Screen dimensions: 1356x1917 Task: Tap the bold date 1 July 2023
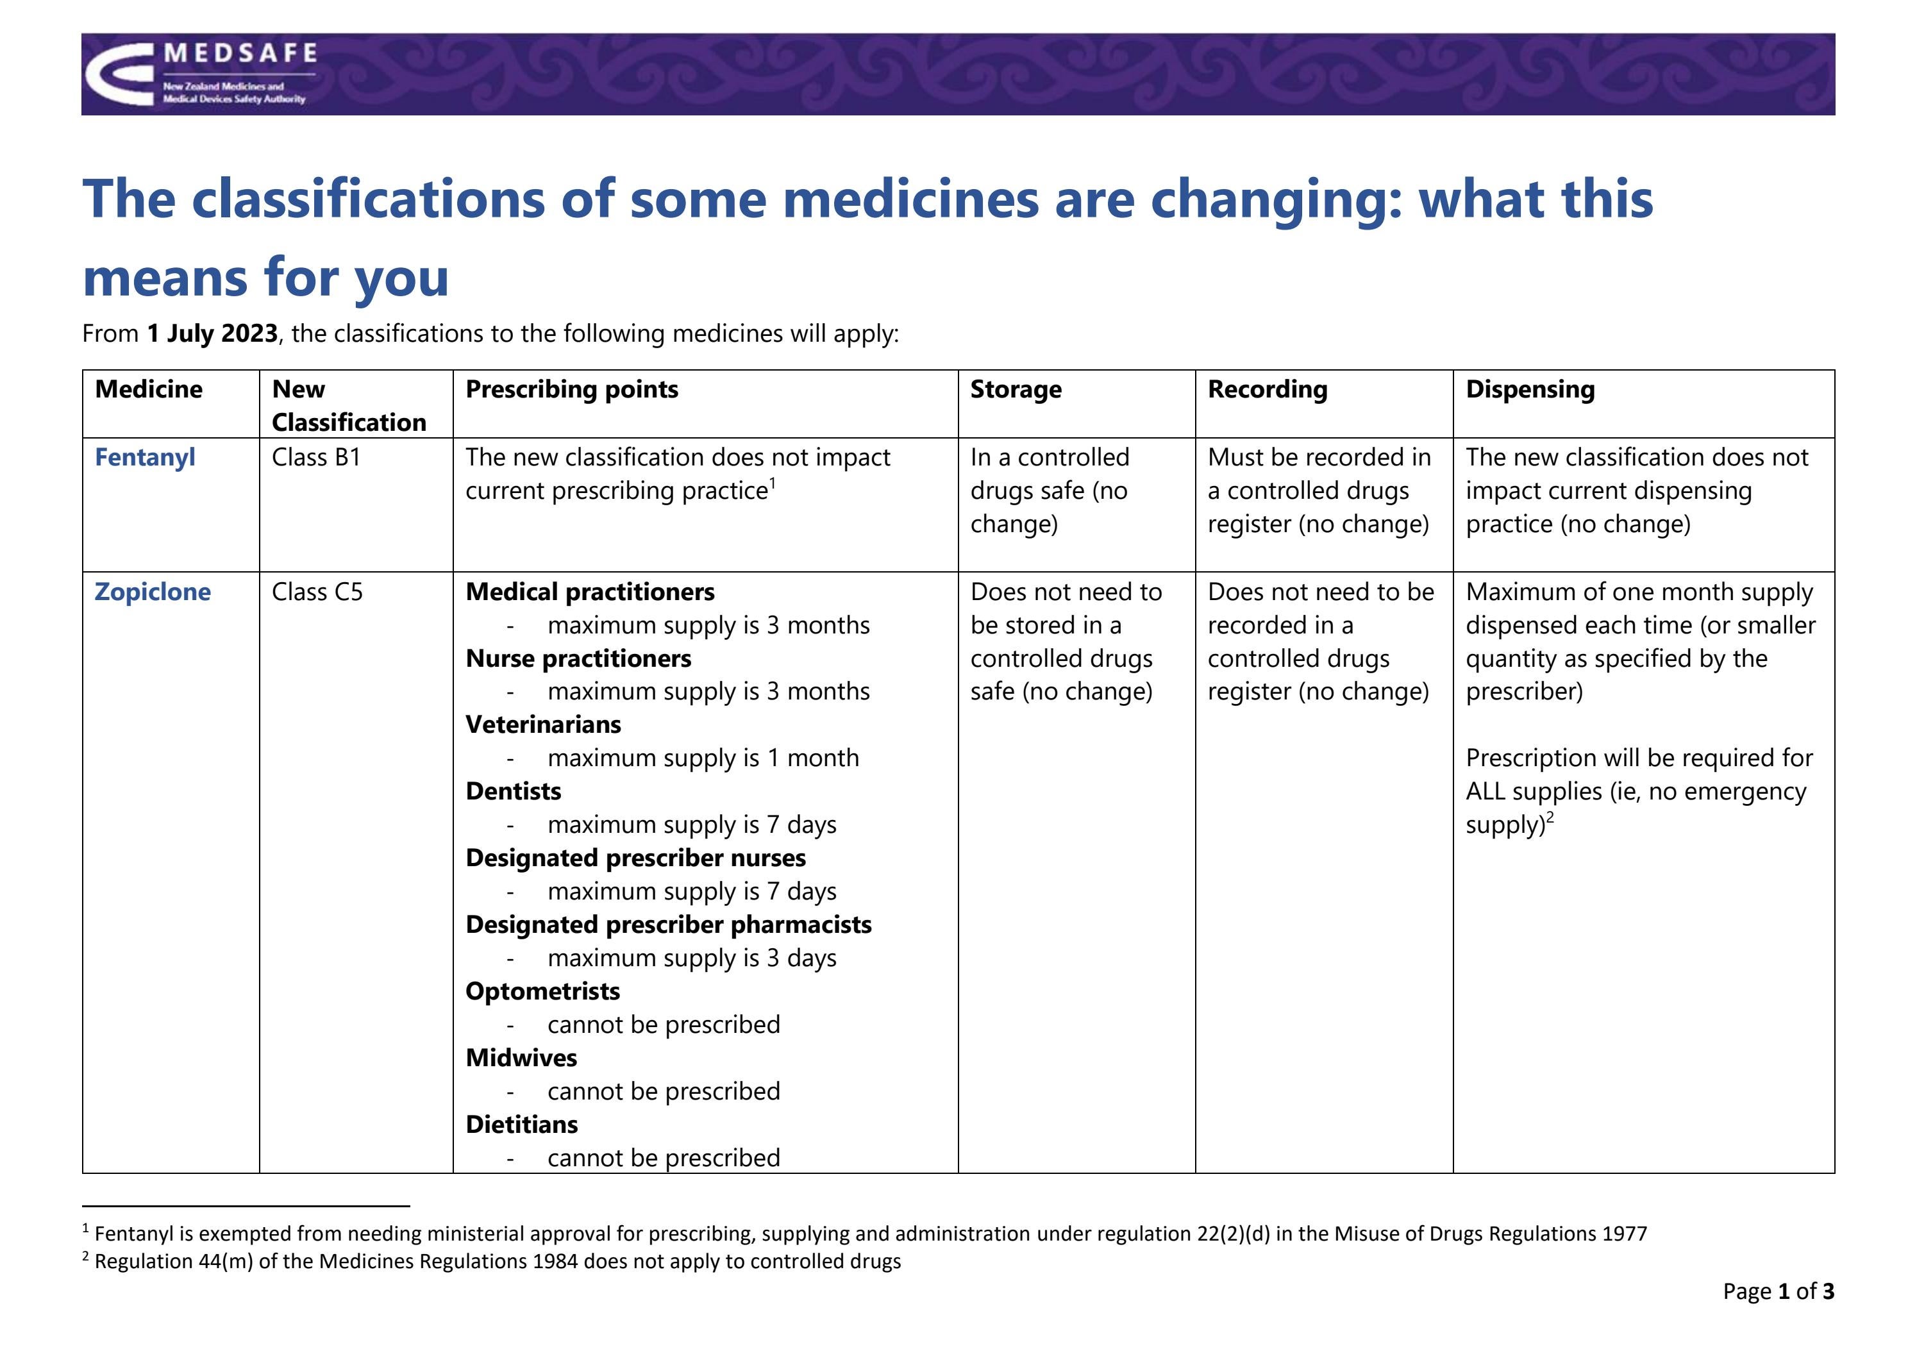[x=212, y=334]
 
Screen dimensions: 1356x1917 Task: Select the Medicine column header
[x=149, y=389]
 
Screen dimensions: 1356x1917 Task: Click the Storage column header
[x=1016, y=389]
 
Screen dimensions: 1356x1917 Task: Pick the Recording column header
[x=1267, y=389]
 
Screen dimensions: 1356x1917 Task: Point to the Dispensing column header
[x=1530, y=389]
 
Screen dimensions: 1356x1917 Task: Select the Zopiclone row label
[x=152, y=592]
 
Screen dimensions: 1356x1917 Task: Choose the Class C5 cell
[x=317, y=592]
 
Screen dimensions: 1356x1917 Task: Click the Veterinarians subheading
[x=542, y=724]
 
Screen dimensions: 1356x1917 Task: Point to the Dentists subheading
[x=513, y=792]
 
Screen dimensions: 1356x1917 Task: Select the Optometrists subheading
[x=542, y=991]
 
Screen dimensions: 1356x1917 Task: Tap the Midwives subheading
[x=521, y=1058]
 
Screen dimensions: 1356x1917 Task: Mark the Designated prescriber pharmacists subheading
[x=668, y=925]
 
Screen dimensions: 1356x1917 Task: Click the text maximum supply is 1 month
[x=703, y=758]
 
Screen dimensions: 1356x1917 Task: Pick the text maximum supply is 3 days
[x=691, y=958]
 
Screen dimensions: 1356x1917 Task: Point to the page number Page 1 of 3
[x=1779, y=1292]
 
